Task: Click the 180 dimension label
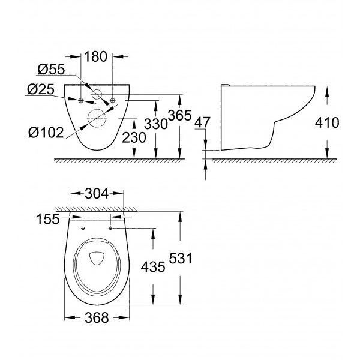click(96, 57)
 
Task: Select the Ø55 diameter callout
click(51, 69)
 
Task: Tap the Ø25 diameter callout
click(41, 89)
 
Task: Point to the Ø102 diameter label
click(46, 133)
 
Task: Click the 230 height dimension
click(134, 138)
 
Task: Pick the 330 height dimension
click(156, 124)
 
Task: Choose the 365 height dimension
click(180, 115)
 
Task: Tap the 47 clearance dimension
click(202, 122)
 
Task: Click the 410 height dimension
click(327, 123)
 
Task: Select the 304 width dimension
click(97, 194)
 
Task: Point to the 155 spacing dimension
click(48, 219)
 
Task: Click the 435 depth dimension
click(153, 266)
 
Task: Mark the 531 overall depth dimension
click(181, 258)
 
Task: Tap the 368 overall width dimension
click(97, 318)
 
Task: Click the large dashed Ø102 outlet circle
click(97, 109)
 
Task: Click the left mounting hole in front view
click(81, 100)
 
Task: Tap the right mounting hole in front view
click(113, 100)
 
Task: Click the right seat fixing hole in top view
click(110, 228)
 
